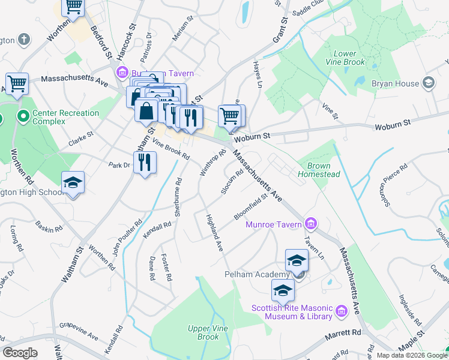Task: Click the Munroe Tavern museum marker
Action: point(311,224)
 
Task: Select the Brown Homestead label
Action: point(324,170)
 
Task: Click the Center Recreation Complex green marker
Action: point(23,116)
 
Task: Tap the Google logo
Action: point(20,353)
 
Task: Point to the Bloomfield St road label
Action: point(250,206)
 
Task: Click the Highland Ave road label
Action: point(214,233)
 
